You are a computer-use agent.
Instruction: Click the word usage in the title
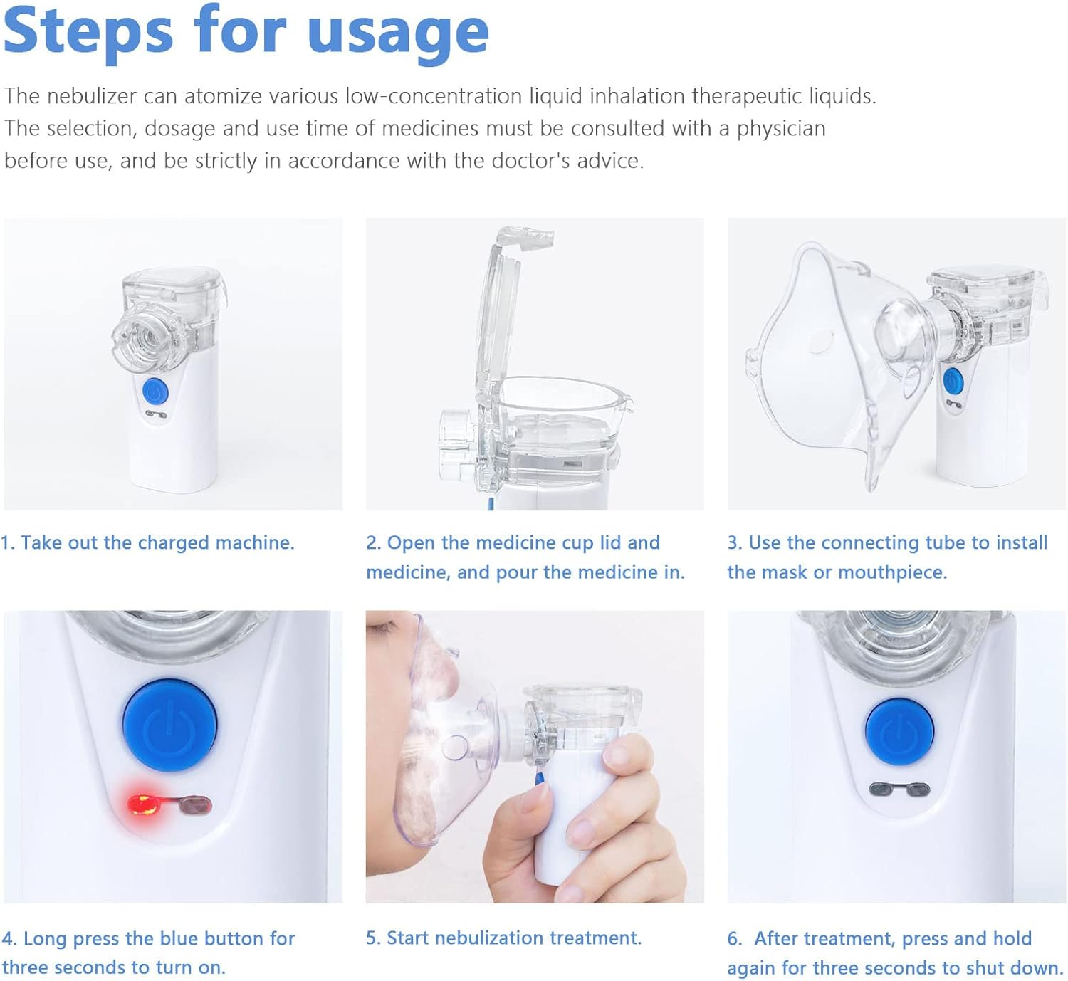[398, 34]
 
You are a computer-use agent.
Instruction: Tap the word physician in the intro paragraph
[781, 129]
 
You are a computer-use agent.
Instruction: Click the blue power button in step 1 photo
[155, 392]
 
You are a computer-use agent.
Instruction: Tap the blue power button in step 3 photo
[953, 382]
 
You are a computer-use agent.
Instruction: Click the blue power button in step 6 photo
[899, 732]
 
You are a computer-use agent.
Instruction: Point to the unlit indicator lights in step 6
[899, 790]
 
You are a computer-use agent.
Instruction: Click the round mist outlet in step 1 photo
[142, 337]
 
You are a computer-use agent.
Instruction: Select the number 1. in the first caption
[8, 543]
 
